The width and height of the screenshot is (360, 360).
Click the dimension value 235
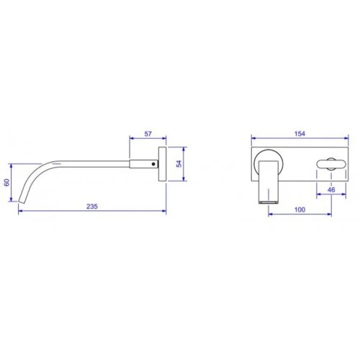pos(92,207)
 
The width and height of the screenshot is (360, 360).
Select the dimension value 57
pos(148,134)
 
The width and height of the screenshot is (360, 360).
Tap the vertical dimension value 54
pos(179,163)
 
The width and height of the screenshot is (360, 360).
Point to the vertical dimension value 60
pos(6,182)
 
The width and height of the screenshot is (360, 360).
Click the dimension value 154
pos(300,134)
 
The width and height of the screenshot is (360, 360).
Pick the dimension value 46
pos(331,190)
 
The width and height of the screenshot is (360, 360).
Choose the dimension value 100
pos(300,210)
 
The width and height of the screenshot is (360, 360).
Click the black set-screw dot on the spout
pos(153,164)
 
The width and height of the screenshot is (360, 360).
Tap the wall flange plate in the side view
pos(162,164)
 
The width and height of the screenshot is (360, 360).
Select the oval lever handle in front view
pos(331,164)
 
